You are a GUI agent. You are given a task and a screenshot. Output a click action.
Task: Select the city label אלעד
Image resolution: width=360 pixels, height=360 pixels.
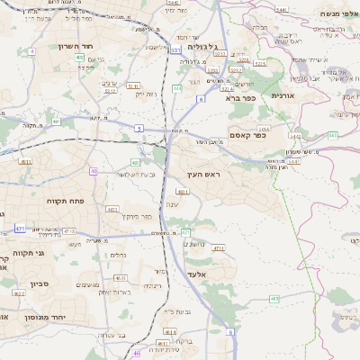click(198, 274)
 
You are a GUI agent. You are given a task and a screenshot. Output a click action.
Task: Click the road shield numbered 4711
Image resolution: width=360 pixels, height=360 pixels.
click(218, 247)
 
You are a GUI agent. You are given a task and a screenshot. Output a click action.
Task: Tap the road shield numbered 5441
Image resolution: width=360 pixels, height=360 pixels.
click(256, 9)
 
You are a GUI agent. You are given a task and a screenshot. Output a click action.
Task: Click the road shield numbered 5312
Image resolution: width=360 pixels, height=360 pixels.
click(112, 90)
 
